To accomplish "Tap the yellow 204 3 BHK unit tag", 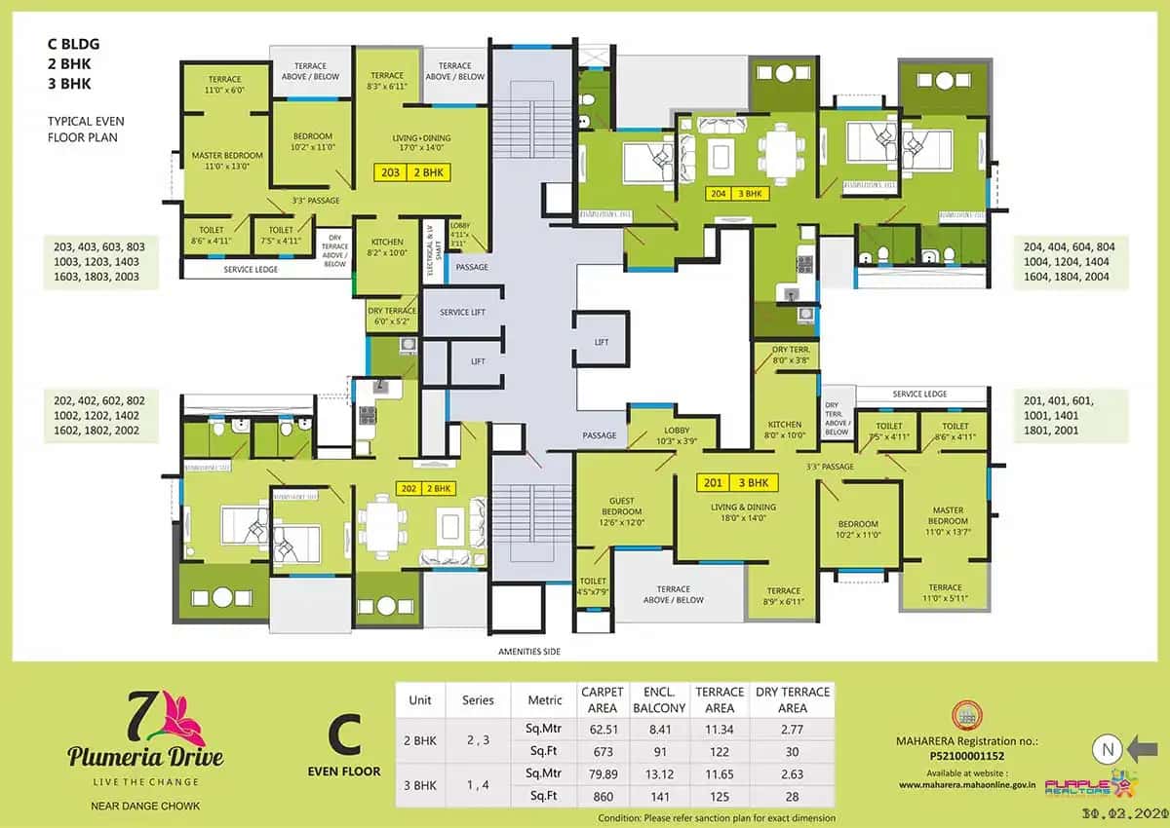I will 739,193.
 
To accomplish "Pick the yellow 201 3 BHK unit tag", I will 734,482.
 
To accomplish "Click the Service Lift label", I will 462,312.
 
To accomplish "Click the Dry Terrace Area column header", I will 793,699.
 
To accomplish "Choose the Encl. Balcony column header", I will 659,699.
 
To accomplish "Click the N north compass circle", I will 1106,749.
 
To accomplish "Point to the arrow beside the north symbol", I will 1143,749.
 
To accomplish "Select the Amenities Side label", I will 529,651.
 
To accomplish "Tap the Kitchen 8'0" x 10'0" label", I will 785,430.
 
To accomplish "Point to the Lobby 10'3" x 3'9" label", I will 677,435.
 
